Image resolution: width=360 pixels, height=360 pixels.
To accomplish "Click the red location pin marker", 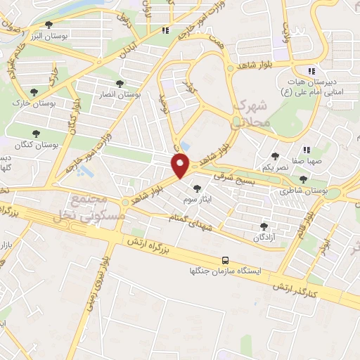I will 181,165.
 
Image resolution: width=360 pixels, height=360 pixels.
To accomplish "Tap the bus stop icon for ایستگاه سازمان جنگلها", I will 225,259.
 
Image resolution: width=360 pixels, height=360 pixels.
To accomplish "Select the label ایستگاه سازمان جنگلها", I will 225,271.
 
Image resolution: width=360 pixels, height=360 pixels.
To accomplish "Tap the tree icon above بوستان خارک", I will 34,91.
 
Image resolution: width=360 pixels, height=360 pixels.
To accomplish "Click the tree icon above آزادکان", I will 264,226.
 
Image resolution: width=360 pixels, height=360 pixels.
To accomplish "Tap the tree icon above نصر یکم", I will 275,156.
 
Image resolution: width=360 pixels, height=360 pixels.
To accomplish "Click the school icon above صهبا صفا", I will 307,150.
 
